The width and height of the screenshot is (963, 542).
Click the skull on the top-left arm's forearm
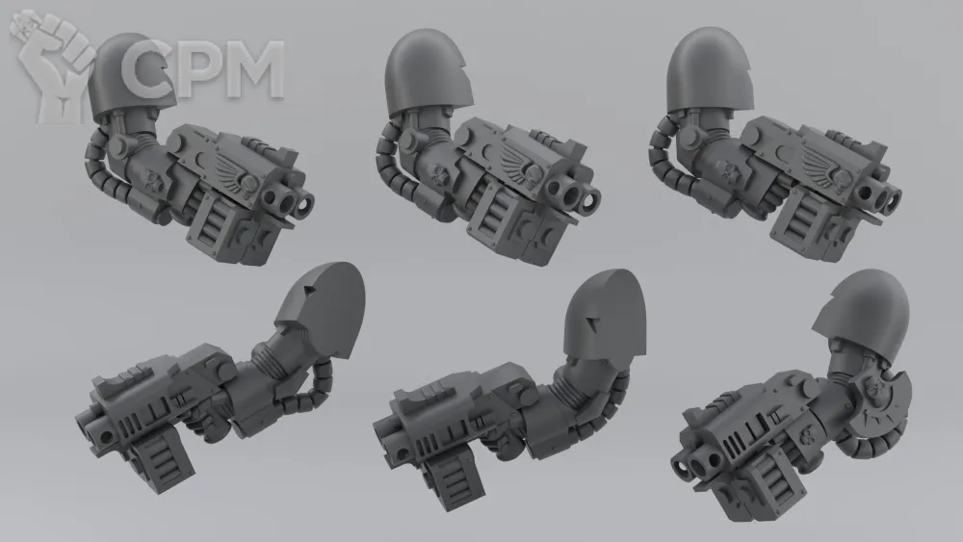tap(152, 179)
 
